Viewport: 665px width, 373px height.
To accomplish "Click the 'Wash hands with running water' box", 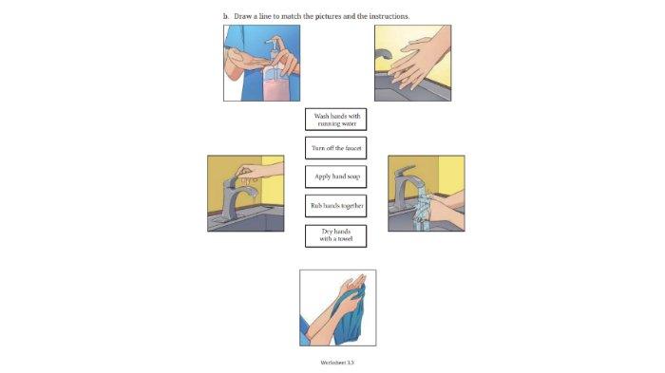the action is point(336,119).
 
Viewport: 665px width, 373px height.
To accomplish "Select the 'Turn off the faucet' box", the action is point(336,148).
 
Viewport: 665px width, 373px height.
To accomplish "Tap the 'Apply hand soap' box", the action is point(336,177).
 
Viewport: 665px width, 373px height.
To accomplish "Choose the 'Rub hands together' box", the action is point(336,206).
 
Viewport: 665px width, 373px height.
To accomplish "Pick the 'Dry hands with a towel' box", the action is point(336,235).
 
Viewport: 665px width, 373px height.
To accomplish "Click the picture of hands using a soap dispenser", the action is point(261,64).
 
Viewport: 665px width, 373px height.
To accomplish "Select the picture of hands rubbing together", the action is point(412,64).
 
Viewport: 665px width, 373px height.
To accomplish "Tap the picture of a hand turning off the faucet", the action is point(246,194).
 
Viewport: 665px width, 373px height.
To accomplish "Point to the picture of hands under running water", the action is point(427,194).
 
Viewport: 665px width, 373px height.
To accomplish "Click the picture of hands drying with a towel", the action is point(338,308).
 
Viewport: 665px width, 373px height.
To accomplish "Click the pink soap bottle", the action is point(275,83).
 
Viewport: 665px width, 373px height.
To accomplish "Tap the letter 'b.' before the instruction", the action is point(226,16).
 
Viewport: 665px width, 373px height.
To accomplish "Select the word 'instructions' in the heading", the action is point(389,16).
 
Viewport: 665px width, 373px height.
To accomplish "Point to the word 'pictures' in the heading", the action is point(328,16).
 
